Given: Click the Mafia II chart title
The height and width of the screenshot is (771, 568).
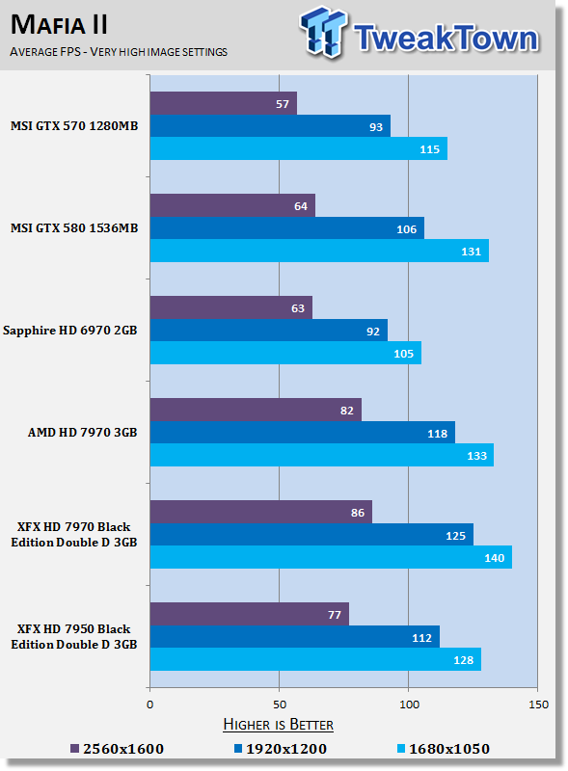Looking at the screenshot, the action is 59,25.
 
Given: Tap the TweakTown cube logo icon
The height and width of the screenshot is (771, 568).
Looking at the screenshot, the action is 323,32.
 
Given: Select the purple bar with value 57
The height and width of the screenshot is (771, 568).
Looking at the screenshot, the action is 224,103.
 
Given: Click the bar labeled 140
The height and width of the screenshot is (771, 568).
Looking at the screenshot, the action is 331,557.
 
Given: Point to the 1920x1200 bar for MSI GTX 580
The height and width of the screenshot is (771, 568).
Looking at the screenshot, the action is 287,228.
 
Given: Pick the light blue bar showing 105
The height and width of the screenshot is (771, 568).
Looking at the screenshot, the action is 285,353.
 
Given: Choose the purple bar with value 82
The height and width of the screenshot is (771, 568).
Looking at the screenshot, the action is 256,410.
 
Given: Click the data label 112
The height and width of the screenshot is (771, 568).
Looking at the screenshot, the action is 421,638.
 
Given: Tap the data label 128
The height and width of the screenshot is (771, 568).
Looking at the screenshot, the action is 463,660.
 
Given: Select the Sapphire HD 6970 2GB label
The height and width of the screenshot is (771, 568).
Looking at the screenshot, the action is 69,331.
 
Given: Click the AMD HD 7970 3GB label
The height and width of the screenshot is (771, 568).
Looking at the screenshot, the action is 82,432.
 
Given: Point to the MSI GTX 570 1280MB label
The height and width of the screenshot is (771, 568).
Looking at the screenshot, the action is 74,126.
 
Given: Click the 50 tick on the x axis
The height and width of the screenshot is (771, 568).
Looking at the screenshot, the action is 280,705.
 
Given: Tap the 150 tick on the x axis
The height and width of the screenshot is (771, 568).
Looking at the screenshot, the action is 538,705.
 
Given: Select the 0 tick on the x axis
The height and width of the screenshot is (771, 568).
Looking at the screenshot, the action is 150,705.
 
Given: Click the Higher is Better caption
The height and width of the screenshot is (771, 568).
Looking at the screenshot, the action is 278,725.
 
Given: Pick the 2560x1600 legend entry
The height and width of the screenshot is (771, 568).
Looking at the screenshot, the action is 117,749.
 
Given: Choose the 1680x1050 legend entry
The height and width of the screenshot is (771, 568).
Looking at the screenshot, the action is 444,749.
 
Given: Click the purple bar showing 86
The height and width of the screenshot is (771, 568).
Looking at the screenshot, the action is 261,512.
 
